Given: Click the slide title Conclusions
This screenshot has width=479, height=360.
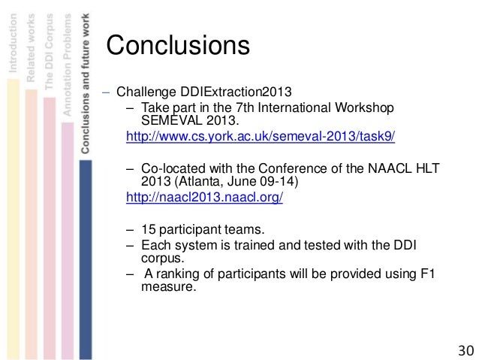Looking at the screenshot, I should coord(177,45).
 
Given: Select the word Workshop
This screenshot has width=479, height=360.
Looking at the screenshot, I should coord(363,107).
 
